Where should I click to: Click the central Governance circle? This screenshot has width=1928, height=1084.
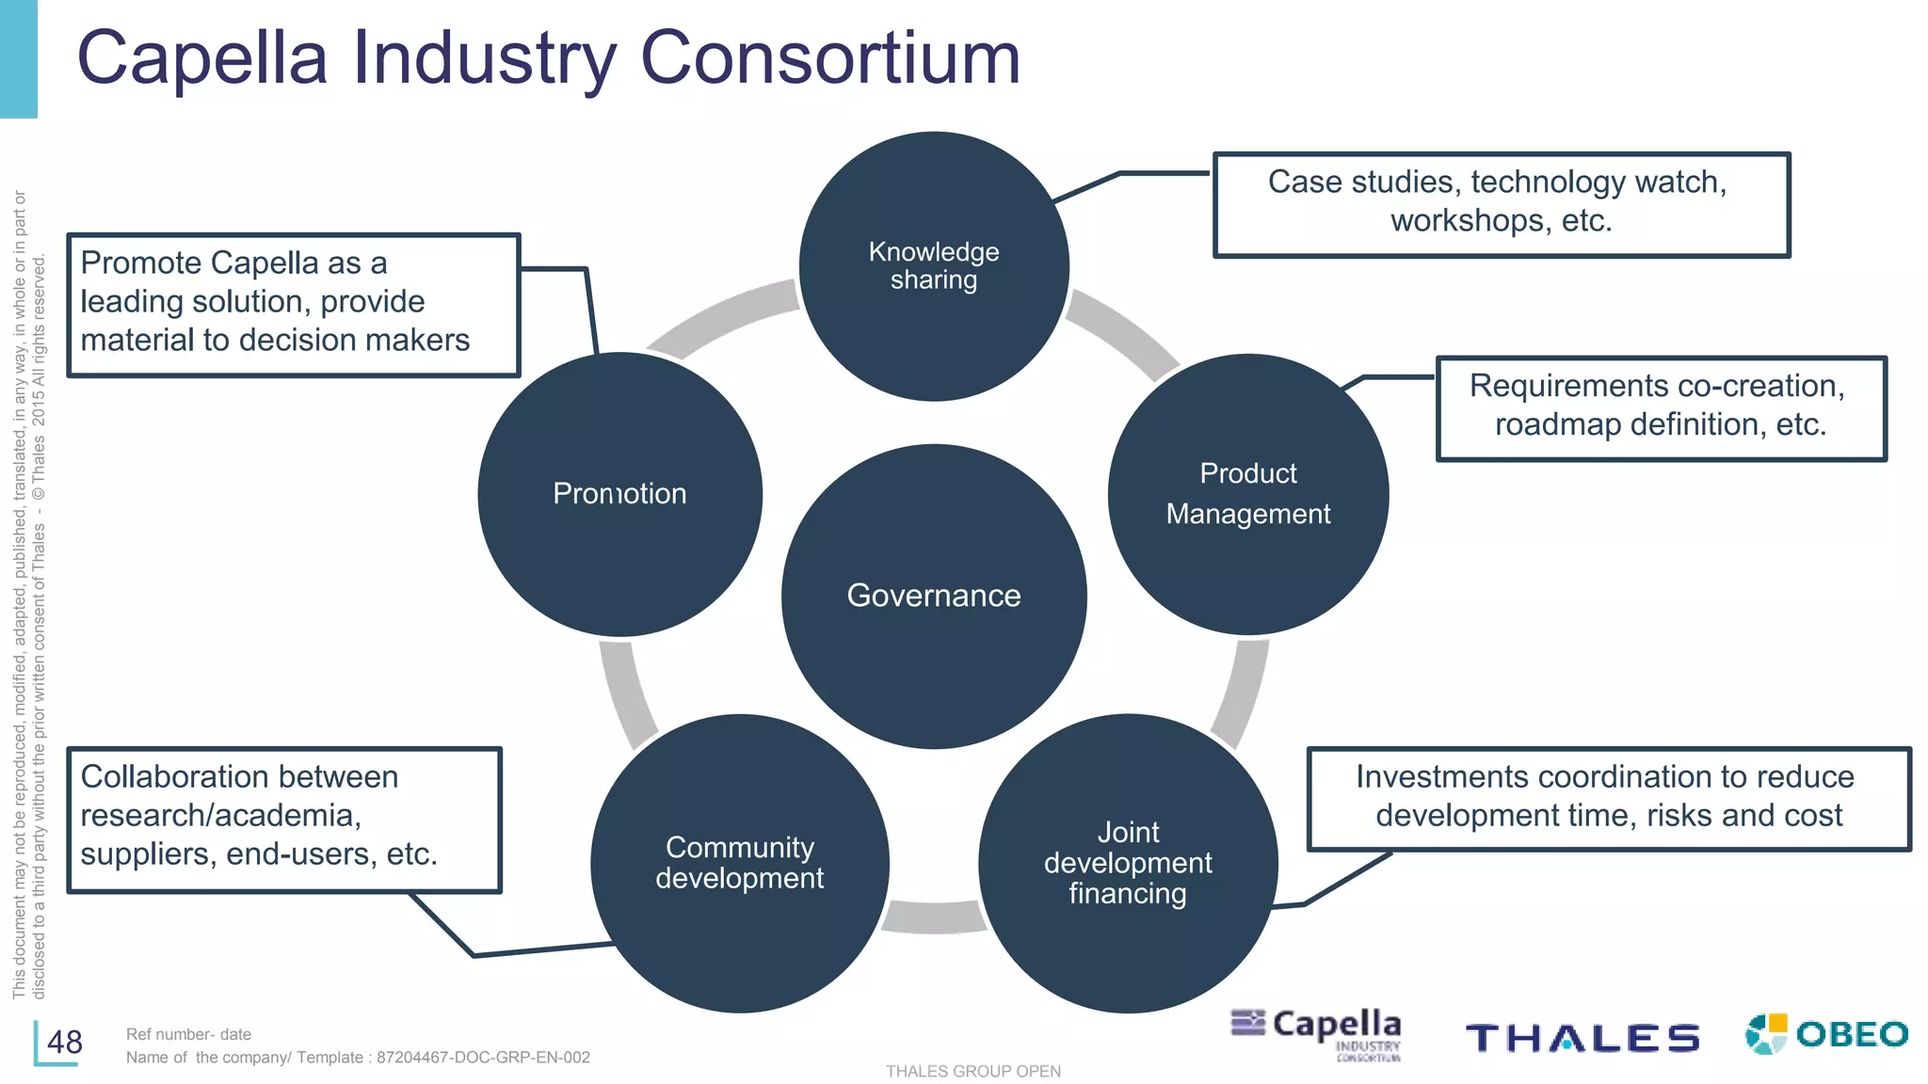[x=934, y=596]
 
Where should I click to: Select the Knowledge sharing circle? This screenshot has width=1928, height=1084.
[x=934, y=266]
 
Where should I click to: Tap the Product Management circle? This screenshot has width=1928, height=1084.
[x=1248, y=494]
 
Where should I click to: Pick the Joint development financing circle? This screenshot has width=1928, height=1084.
[x=1128, y=863]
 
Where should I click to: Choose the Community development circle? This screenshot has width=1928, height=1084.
[x=740, y=863]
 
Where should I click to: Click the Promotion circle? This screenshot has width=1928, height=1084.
[x=619, y=494]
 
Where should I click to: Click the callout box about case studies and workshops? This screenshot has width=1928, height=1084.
[x=1501, y=204]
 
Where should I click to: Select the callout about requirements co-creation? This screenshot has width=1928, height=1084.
[x=1661, y=407]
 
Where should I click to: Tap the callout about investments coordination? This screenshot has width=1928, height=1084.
[x=1608, y=799]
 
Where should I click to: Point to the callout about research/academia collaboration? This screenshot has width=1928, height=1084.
[x=283, y=819]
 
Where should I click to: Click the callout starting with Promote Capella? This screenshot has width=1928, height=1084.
[x=293, y=304]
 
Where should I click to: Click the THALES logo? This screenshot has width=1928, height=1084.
[x=1582, y=1038]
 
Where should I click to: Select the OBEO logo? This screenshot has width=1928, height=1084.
[x=1826, y=1034]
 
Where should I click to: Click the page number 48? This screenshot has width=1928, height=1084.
[x=65, y=1043]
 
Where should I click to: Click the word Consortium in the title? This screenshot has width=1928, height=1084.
[x=830, y=58]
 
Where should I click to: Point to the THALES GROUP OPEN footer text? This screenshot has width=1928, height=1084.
[x=972, y=1071]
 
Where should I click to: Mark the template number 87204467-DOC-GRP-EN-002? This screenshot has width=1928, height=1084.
[x=483, y=1058]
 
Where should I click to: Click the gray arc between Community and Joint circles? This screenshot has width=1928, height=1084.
[x=934, y=917]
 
